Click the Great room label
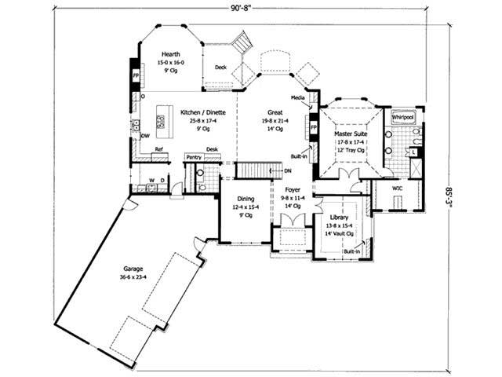[x=275, y=112]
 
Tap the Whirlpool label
[x=403, y=115]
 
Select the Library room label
[x=339, y=217]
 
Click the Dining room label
[x=246, y=199]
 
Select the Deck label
[x=220, y=68]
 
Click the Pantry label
[x=194, y=157]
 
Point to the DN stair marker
[x=288, y=170]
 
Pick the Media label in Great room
[x=297, y=98]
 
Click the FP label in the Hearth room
[x=136, y=76]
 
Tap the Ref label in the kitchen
[x=158, y=148]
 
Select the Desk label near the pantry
[x=212, y=148]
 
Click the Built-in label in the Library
[x=351, y=251]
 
